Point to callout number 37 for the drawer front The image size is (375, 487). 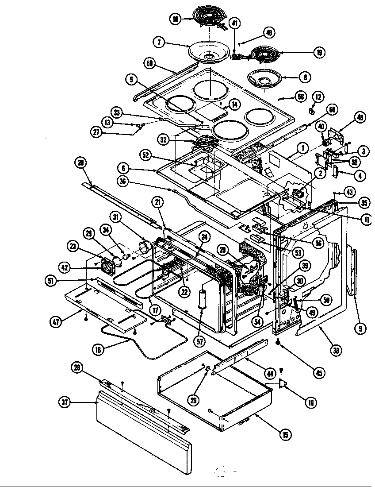65,402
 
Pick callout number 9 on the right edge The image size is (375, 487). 361,328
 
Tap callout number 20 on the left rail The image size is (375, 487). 80,163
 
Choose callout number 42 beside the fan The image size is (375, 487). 65,267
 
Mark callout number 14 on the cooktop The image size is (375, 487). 234,105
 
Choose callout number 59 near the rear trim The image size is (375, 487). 150,63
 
